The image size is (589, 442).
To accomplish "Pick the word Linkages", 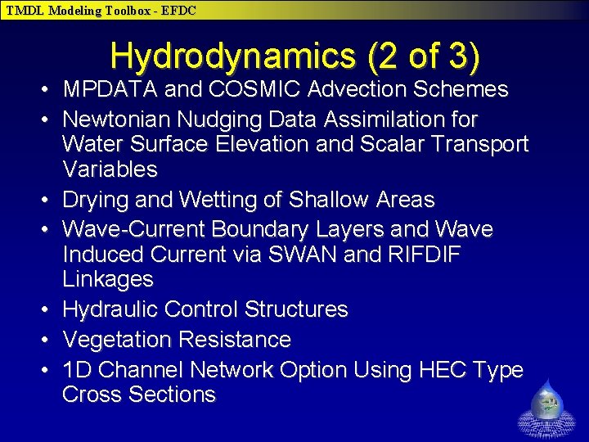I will click(108, 279).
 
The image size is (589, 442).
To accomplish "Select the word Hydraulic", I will click(110, 309).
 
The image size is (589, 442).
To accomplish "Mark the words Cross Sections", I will click(138, 395).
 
